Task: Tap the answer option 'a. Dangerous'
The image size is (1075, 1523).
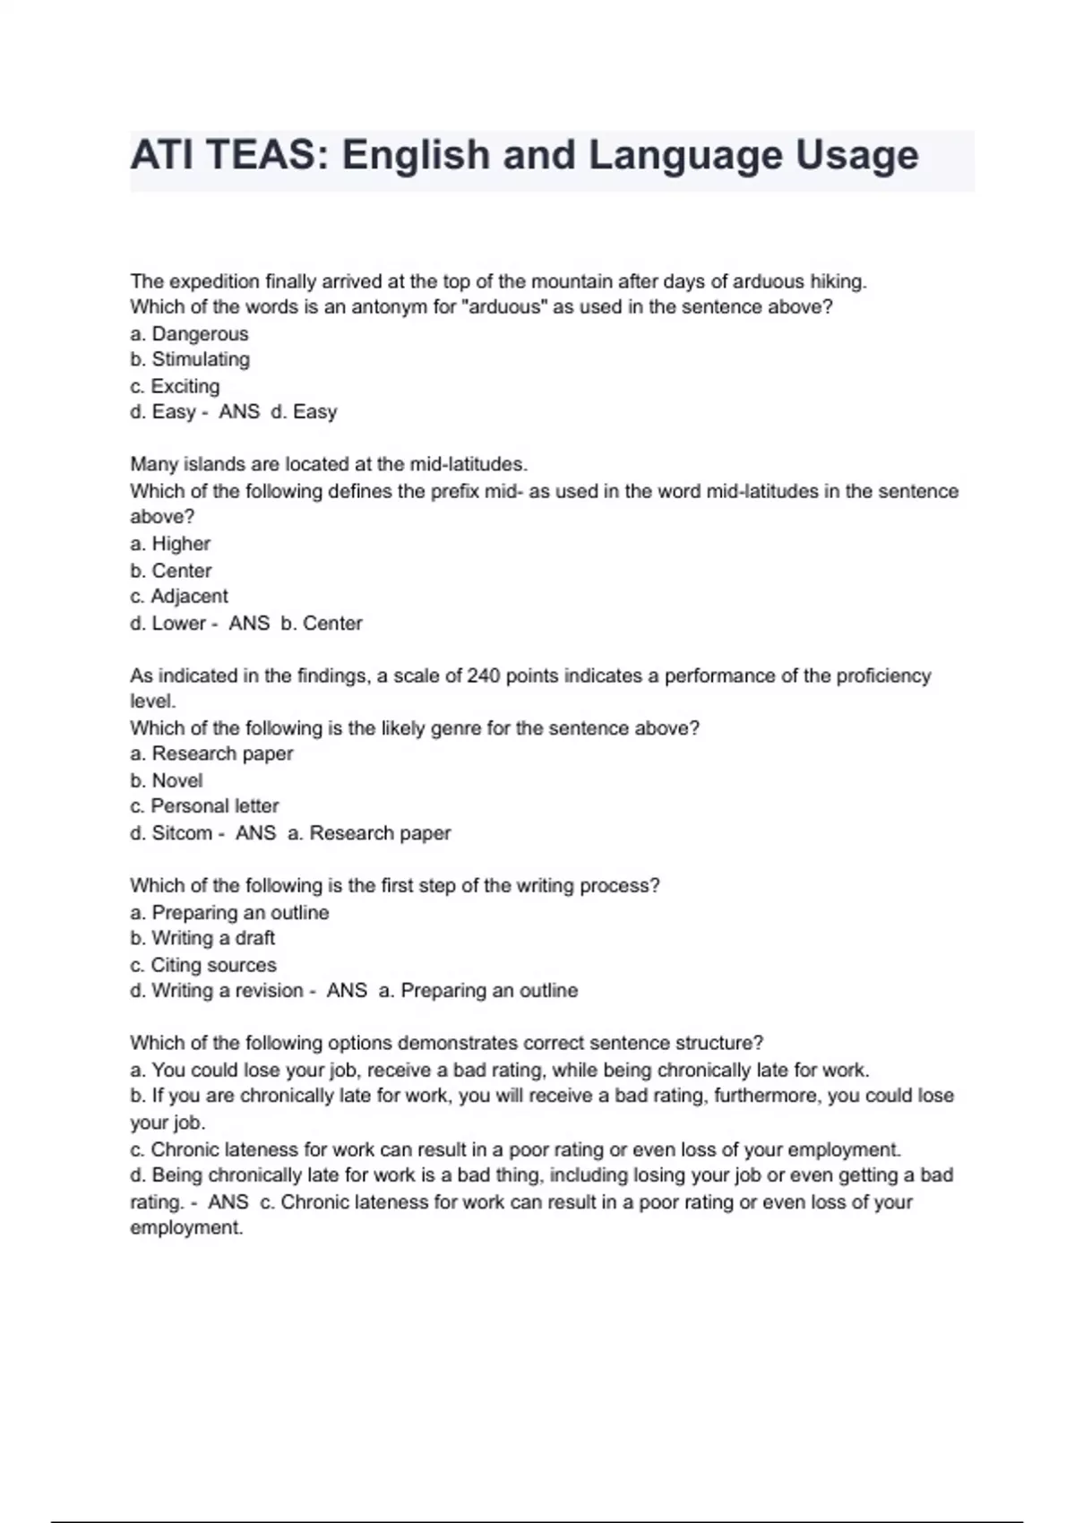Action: pos(189,334)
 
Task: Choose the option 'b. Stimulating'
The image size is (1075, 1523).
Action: pos(190,360)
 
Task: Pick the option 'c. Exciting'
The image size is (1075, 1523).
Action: pos(175,386)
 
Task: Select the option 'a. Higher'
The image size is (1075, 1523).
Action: pos(170,544)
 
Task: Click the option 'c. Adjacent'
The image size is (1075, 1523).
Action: pos(179,597)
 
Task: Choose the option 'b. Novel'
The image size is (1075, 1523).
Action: pos(167,780)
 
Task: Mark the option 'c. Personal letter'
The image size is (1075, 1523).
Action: pos(204,806)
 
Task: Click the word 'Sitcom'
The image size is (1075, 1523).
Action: pos(182,833)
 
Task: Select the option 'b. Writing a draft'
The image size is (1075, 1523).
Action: pos(202,938)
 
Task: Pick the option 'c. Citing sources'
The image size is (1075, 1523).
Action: pos(203,965)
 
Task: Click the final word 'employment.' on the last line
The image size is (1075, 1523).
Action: pos(186,1228)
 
